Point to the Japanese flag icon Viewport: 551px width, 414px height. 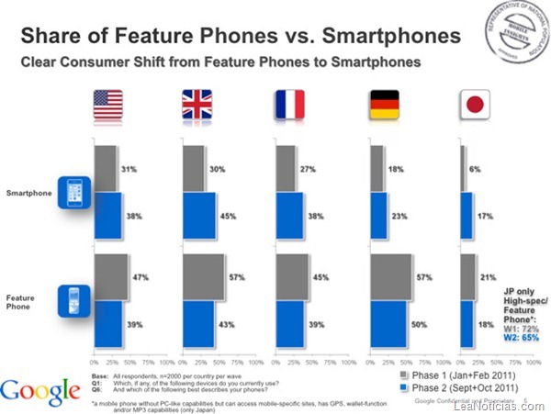pos(476,106)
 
